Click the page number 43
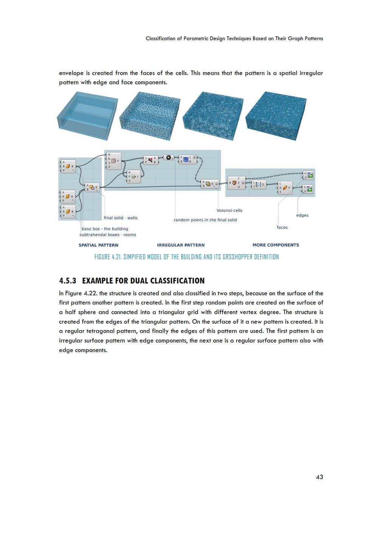tap(319, 477)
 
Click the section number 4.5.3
tap(68, 281)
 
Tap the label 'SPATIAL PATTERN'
tap(98, 245)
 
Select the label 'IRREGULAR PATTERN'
tap(181, 245)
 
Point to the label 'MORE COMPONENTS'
tap(276, 245)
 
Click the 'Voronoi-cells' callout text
tap(229, 211)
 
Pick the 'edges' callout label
tap(302, 215)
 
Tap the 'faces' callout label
tap(282, 227)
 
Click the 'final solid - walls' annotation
tap(121, 218)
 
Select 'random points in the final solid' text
tap(205, 220)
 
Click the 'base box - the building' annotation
tap(105, 229)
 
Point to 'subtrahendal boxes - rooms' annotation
tap(108, 235)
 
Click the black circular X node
tap(169, 157)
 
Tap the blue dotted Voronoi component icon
tap(186, 160)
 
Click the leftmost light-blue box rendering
tap(87, 115)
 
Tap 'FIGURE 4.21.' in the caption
tap(108, 257)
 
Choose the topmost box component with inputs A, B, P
tap(68, 166)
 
